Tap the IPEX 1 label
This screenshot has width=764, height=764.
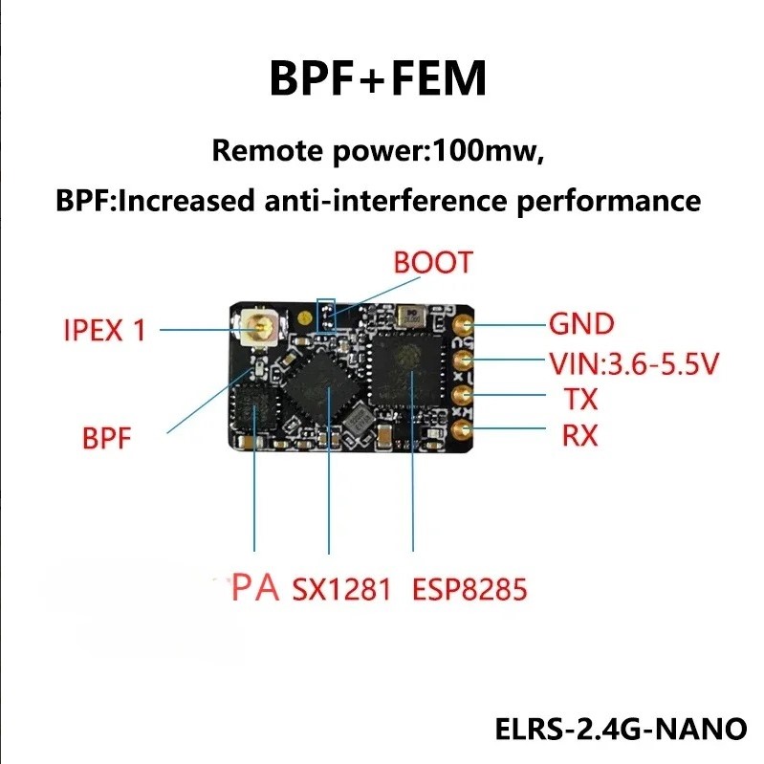point(105,331)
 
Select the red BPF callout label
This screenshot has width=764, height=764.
point(106,441)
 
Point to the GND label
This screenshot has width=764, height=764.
point(580,324)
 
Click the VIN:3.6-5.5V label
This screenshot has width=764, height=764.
point(633,364)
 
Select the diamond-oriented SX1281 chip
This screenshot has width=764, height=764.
point(326,388)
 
